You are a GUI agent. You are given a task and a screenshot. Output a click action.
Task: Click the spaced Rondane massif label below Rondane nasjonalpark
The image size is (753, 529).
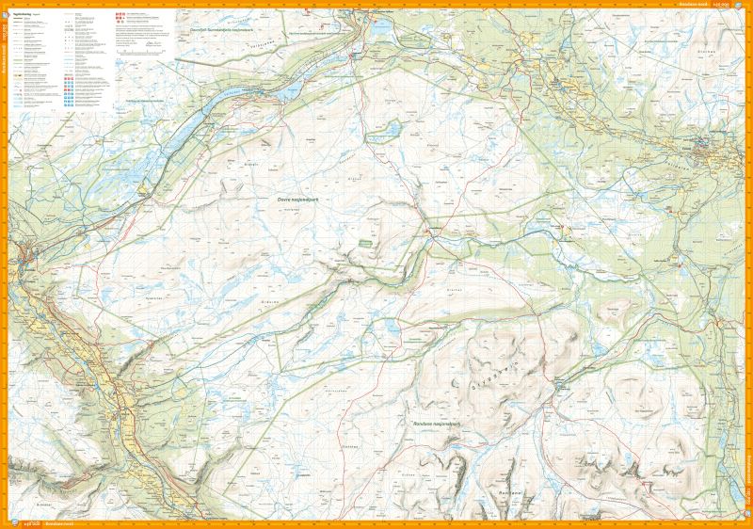pos(510,491)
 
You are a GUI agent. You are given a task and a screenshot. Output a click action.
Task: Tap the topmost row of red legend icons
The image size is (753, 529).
pos(118,16)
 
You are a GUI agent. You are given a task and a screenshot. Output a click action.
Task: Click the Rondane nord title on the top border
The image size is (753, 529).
pos(692,5)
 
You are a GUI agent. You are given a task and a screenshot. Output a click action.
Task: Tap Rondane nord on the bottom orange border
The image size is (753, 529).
pos(59,523)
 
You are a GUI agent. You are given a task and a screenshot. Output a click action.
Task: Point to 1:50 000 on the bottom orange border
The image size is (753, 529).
pos(28,523)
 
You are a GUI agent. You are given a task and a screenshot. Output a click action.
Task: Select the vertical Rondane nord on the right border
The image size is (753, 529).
pos(747,471)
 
